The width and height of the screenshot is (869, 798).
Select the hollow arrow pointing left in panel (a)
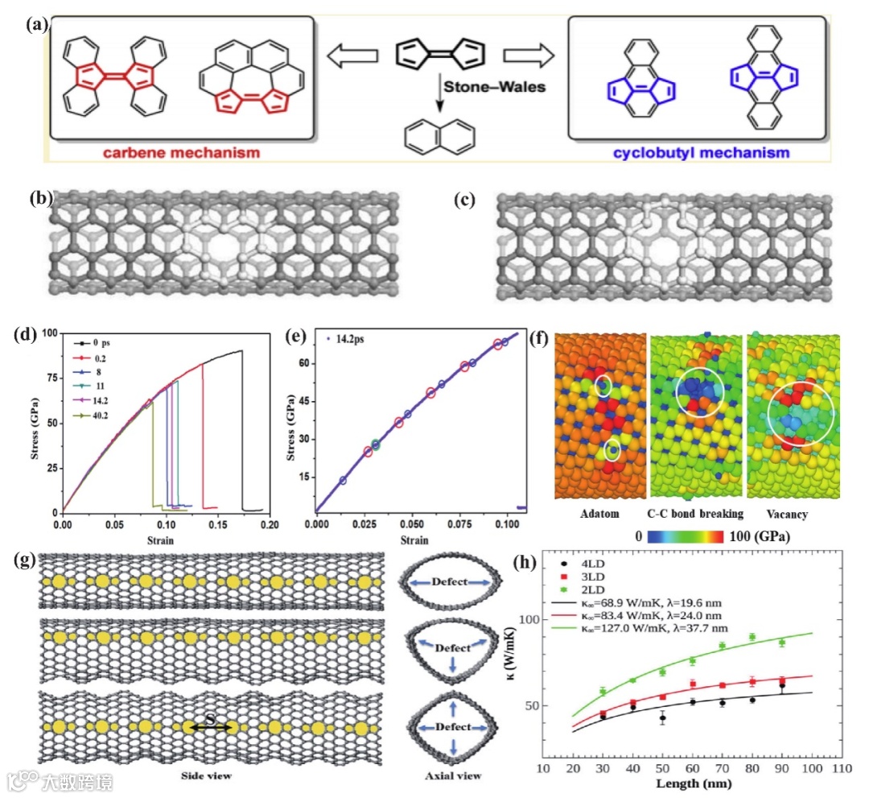[x=352, y=56]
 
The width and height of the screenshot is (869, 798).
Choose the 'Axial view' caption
[x=454, y=776]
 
